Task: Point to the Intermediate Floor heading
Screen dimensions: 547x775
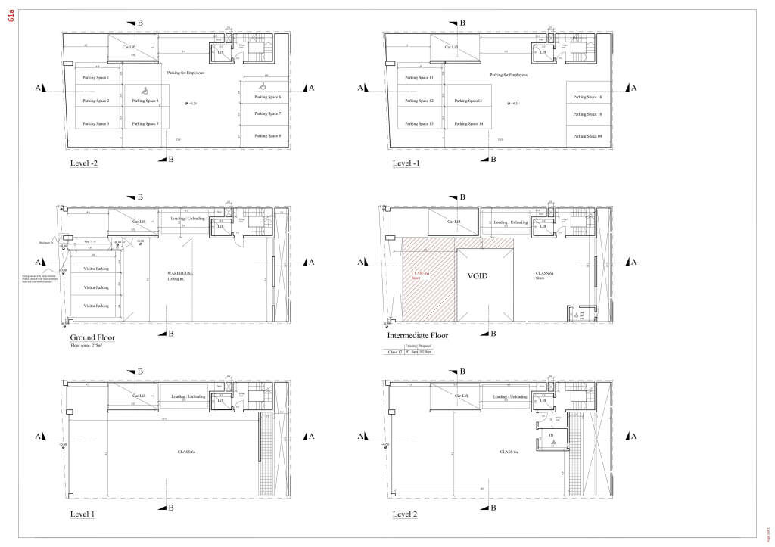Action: click(417, 335)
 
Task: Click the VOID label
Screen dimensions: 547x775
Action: click(478, 276)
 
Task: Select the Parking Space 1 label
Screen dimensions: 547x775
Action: click(96, 78)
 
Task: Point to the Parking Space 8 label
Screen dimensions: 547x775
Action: click(268, 135)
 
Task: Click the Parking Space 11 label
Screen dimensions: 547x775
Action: click(420, 78)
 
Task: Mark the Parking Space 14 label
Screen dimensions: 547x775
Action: click(469, 123)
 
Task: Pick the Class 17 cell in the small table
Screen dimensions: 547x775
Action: click(394, 352)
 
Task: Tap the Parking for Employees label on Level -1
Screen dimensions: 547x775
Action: click(508, 75)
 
